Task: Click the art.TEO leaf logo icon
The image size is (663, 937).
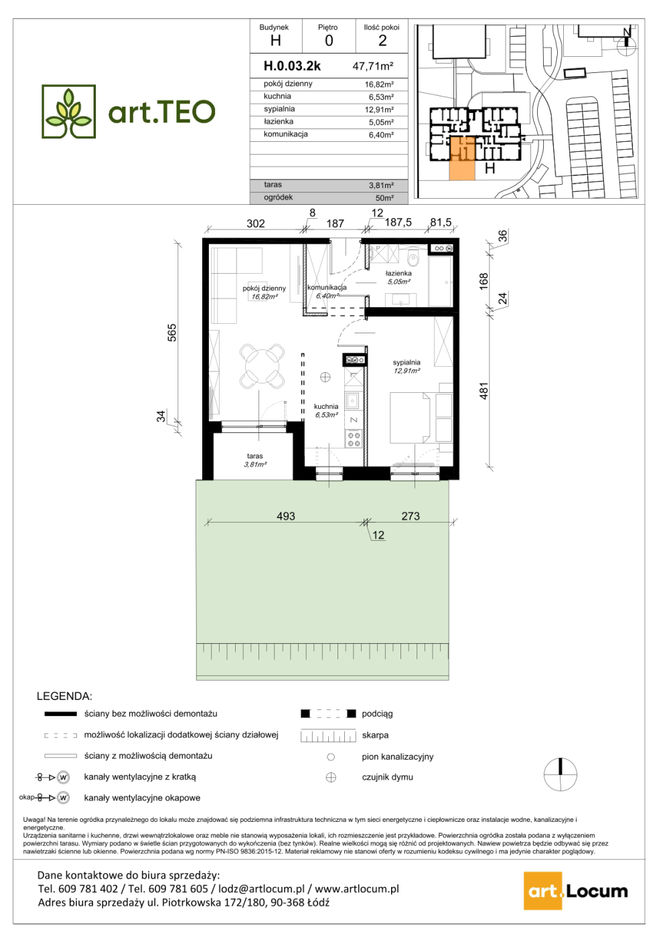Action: [x=68, y=111]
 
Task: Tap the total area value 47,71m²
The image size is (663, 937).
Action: [x=372, y=66]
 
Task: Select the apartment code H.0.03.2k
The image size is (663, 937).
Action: [x=292, y=66]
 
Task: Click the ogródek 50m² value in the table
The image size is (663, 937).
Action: [x=384, y=198]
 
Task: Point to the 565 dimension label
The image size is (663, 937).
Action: [x=172, y=333]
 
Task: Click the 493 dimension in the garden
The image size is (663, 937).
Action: [x=286, y=516]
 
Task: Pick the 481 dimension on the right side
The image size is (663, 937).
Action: [x=484, y=391]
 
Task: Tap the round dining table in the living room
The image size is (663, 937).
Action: [x=262, y=365]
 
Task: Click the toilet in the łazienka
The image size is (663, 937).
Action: [x=414, y=258]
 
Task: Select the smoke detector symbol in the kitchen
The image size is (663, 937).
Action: [x=325, y=377]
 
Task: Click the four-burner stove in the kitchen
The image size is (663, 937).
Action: [x=354, y=439]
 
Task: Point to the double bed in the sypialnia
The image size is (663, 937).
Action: [x=410, y=417]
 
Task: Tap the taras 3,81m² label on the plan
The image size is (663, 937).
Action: [x=255, y=460]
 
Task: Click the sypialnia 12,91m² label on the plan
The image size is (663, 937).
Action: [x=407, y=367]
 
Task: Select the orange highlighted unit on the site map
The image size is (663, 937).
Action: [x=462, y=159]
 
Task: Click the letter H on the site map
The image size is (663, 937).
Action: [x=490, y=168]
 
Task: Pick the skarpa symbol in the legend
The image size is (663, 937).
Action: [x=329, y=736]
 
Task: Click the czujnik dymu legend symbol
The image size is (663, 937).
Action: [x=331, y=777]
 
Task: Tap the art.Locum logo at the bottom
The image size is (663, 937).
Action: [x=576, y=891]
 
